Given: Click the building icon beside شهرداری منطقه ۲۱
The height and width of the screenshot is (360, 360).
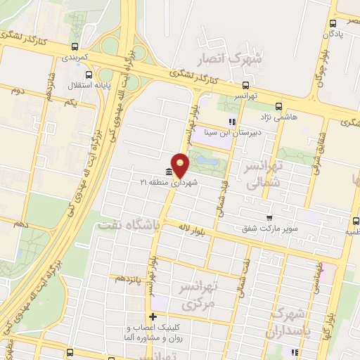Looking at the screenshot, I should tap(168, 173).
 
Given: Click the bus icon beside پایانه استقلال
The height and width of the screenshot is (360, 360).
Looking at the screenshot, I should tap(87, 75).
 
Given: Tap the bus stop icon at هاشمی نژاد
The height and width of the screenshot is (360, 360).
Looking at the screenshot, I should tap(279, 107).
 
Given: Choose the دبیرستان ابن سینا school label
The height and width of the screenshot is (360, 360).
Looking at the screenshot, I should tap(232, 133).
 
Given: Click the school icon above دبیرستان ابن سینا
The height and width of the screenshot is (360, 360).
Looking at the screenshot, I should tap(231, 122).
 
